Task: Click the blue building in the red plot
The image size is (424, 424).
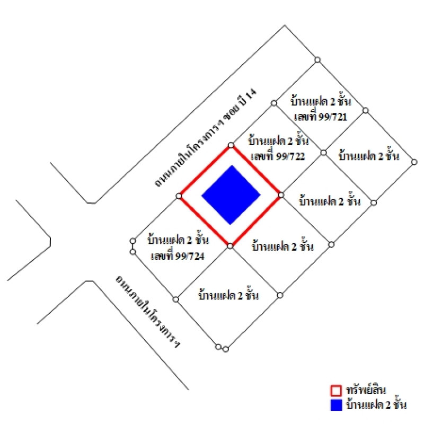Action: [x=231, y=195]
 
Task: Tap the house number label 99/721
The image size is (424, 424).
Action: [x=321, y=117]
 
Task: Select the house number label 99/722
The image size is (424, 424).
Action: [x=278, y=156]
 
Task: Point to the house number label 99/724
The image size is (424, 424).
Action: [x=178, y=256]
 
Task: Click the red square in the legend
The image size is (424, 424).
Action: [x=336, y=391]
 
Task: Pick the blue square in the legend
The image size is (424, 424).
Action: [x=336, y=405]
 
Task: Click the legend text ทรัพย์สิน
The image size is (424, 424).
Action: [x=366, y=390]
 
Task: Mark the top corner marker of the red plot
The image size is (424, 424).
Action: [x=231, y=145]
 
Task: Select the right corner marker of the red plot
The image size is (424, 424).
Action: [x=281, y=195]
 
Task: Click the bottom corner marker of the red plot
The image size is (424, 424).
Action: [x=230, y=246]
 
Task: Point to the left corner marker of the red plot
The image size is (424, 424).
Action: [x=179, y=196]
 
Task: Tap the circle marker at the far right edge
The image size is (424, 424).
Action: [x=414, y=162]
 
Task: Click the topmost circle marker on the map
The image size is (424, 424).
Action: [x=317, y=60]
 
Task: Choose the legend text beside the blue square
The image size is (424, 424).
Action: [x=376, y=405]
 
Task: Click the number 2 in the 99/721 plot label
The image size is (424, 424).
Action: [x=333, y=102]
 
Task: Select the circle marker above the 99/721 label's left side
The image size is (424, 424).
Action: [x=274, y=103]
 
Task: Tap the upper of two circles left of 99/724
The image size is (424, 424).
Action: [x=133, y=241]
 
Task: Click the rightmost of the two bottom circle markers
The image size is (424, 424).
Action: [x=226, y=349]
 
